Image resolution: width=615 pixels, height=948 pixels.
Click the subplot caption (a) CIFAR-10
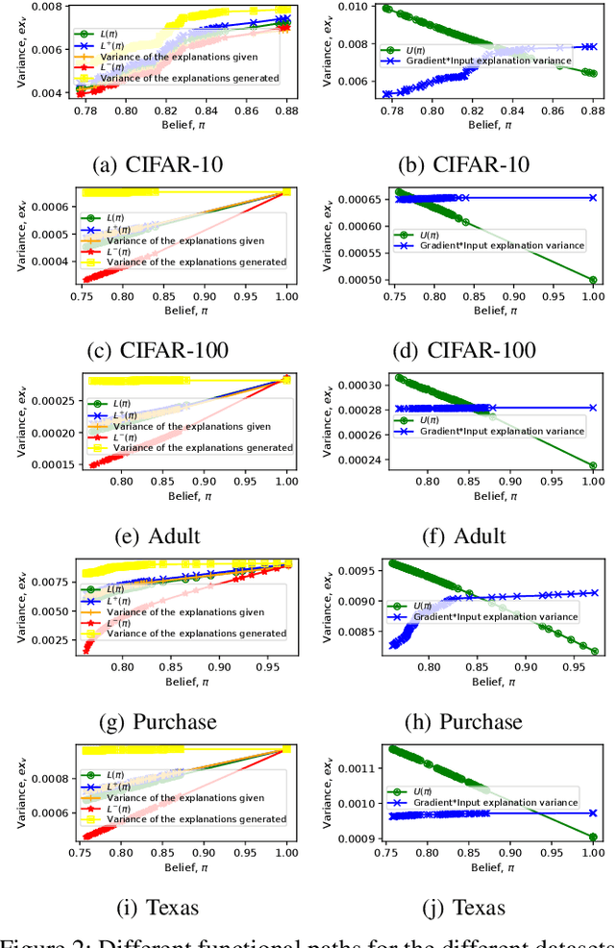coord(159,163)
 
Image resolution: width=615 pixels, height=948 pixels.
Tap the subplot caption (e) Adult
coord(159,536)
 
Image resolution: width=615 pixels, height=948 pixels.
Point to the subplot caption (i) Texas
coord(159,907)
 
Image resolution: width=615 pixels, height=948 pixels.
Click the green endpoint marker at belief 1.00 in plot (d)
coord(593,281)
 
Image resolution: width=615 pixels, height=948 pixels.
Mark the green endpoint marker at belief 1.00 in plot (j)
coord(593,836)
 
